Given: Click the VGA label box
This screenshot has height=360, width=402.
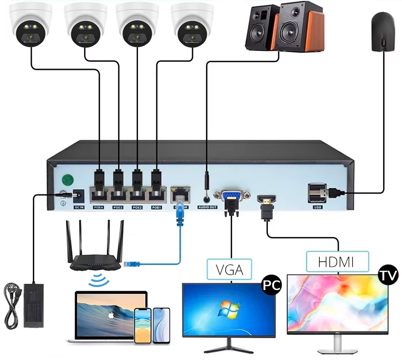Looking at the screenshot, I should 230,268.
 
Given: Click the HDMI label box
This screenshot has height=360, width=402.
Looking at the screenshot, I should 336,262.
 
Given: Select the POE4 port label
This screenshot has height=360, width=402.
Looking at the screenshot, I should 99,208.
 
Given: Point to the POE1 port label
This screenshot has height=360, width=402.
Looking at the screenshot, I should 156,208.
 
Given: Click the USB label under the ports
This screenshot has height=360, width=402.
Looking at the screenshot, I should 317,208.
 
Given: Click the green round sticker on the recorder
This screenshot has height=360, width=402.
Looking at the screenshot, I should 68,180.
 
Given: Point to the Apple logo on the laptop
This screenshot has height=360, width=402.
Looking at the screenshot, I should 110,316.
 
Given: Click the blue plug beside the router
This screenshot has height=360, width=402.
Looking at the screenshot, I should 131,264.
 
